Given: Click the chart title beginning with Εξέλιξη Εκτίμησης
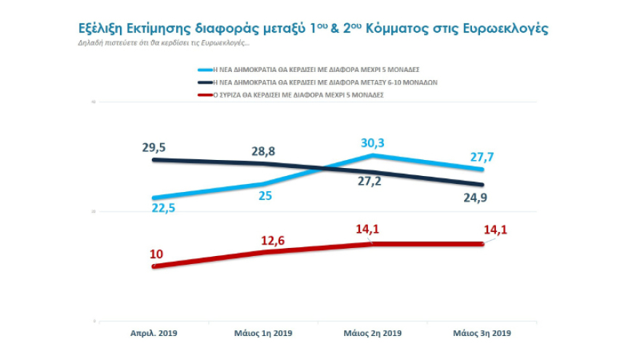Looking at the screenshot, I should pyautogui.click(x=313, y=28).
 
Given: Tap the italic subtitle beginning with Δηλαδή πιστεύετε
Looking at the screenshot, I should pyautogui.click(x=164, y=43).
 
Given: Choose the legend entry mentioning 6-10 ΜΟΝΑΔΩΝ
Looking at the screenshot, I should pyautogui.click(x=323, y=83).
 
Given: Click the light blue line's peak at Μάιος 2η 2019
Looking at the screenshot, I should pyautogui.click(x=372, y=155).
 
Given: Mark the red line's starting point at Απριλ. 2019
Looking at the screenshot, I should pyautogui.click(x=153, y=267).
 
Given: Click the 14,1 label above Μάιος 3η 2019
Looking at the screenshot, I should pyautogui.click(x=499, y=231).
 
